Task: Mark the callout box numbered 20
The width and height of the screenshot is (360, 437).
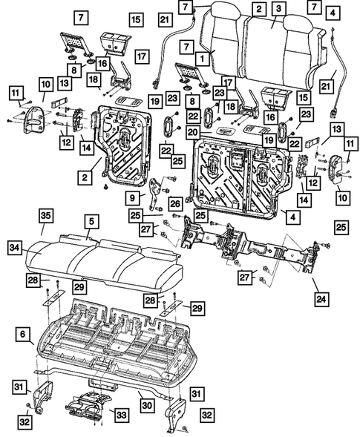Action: click(192, 132)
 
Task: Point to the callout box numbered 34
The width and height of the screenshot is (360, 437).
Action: click(15, 246)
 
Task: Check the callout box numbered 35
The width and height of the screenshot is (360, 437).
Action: click(46, 216)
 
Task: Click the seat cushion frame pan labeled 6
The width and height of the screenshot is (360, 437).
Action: click(111, 341)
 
